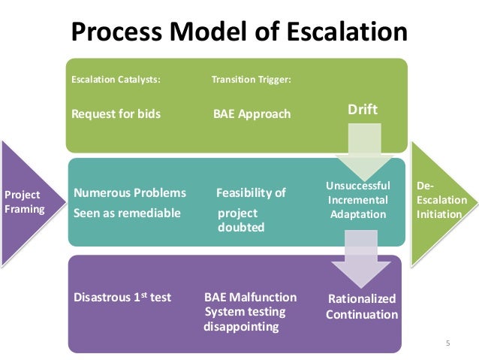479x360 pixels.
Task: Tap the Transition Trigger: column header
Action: tap(252, 77)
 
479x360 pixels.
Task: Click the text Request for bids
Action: tap(116, 114)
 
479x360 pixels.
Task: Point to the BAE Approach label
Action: tap(252, 114)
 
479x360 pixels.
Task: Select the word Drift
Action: tap(363, 110)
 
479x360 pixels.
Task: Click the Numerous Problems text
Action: tap(130, 193)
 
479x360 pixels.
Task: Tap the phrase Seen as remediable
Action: tap(127, 213)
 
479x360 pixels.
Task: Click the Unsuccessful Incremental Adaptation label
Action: tap(357, 200)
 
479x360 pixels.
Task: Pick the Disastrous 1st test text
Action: tap(122, 297)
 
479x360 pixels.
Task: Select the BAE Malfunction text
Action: tap(250, 297)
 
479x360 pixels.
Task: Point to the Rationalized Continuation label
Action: tap(361, 307)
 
